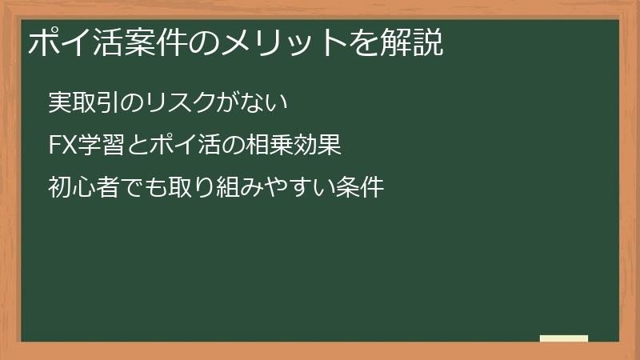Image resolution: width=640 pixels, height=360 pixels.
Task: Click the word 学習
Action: pyautogui.click(x=99, y=146)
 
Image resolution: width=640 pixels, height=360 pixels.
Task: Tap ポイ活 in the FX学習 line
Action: pyautogui.click(x=171, y=146)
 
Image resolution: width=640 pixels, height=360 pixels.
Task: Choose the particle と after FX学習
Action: pyautogui.click(x=133, y=146)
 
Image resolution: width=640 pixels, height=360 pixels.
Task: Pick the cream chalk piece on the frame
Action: pyautogui.click(x=564, y=338)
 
